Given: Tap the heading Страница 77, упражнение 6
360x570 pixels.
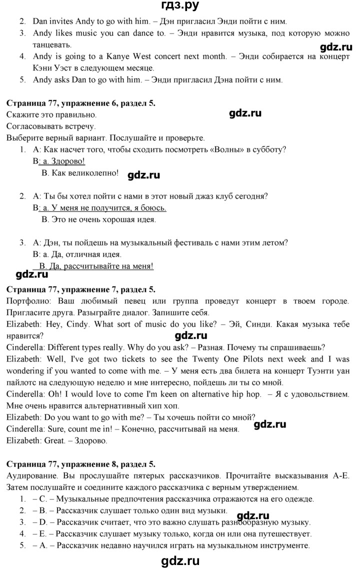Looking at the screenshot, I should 81,103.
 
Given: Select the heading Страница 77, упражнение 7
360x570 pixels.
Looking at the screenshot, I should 81,289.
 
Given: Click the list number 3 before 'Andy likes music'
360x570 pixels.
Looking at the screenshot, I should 22,33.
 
